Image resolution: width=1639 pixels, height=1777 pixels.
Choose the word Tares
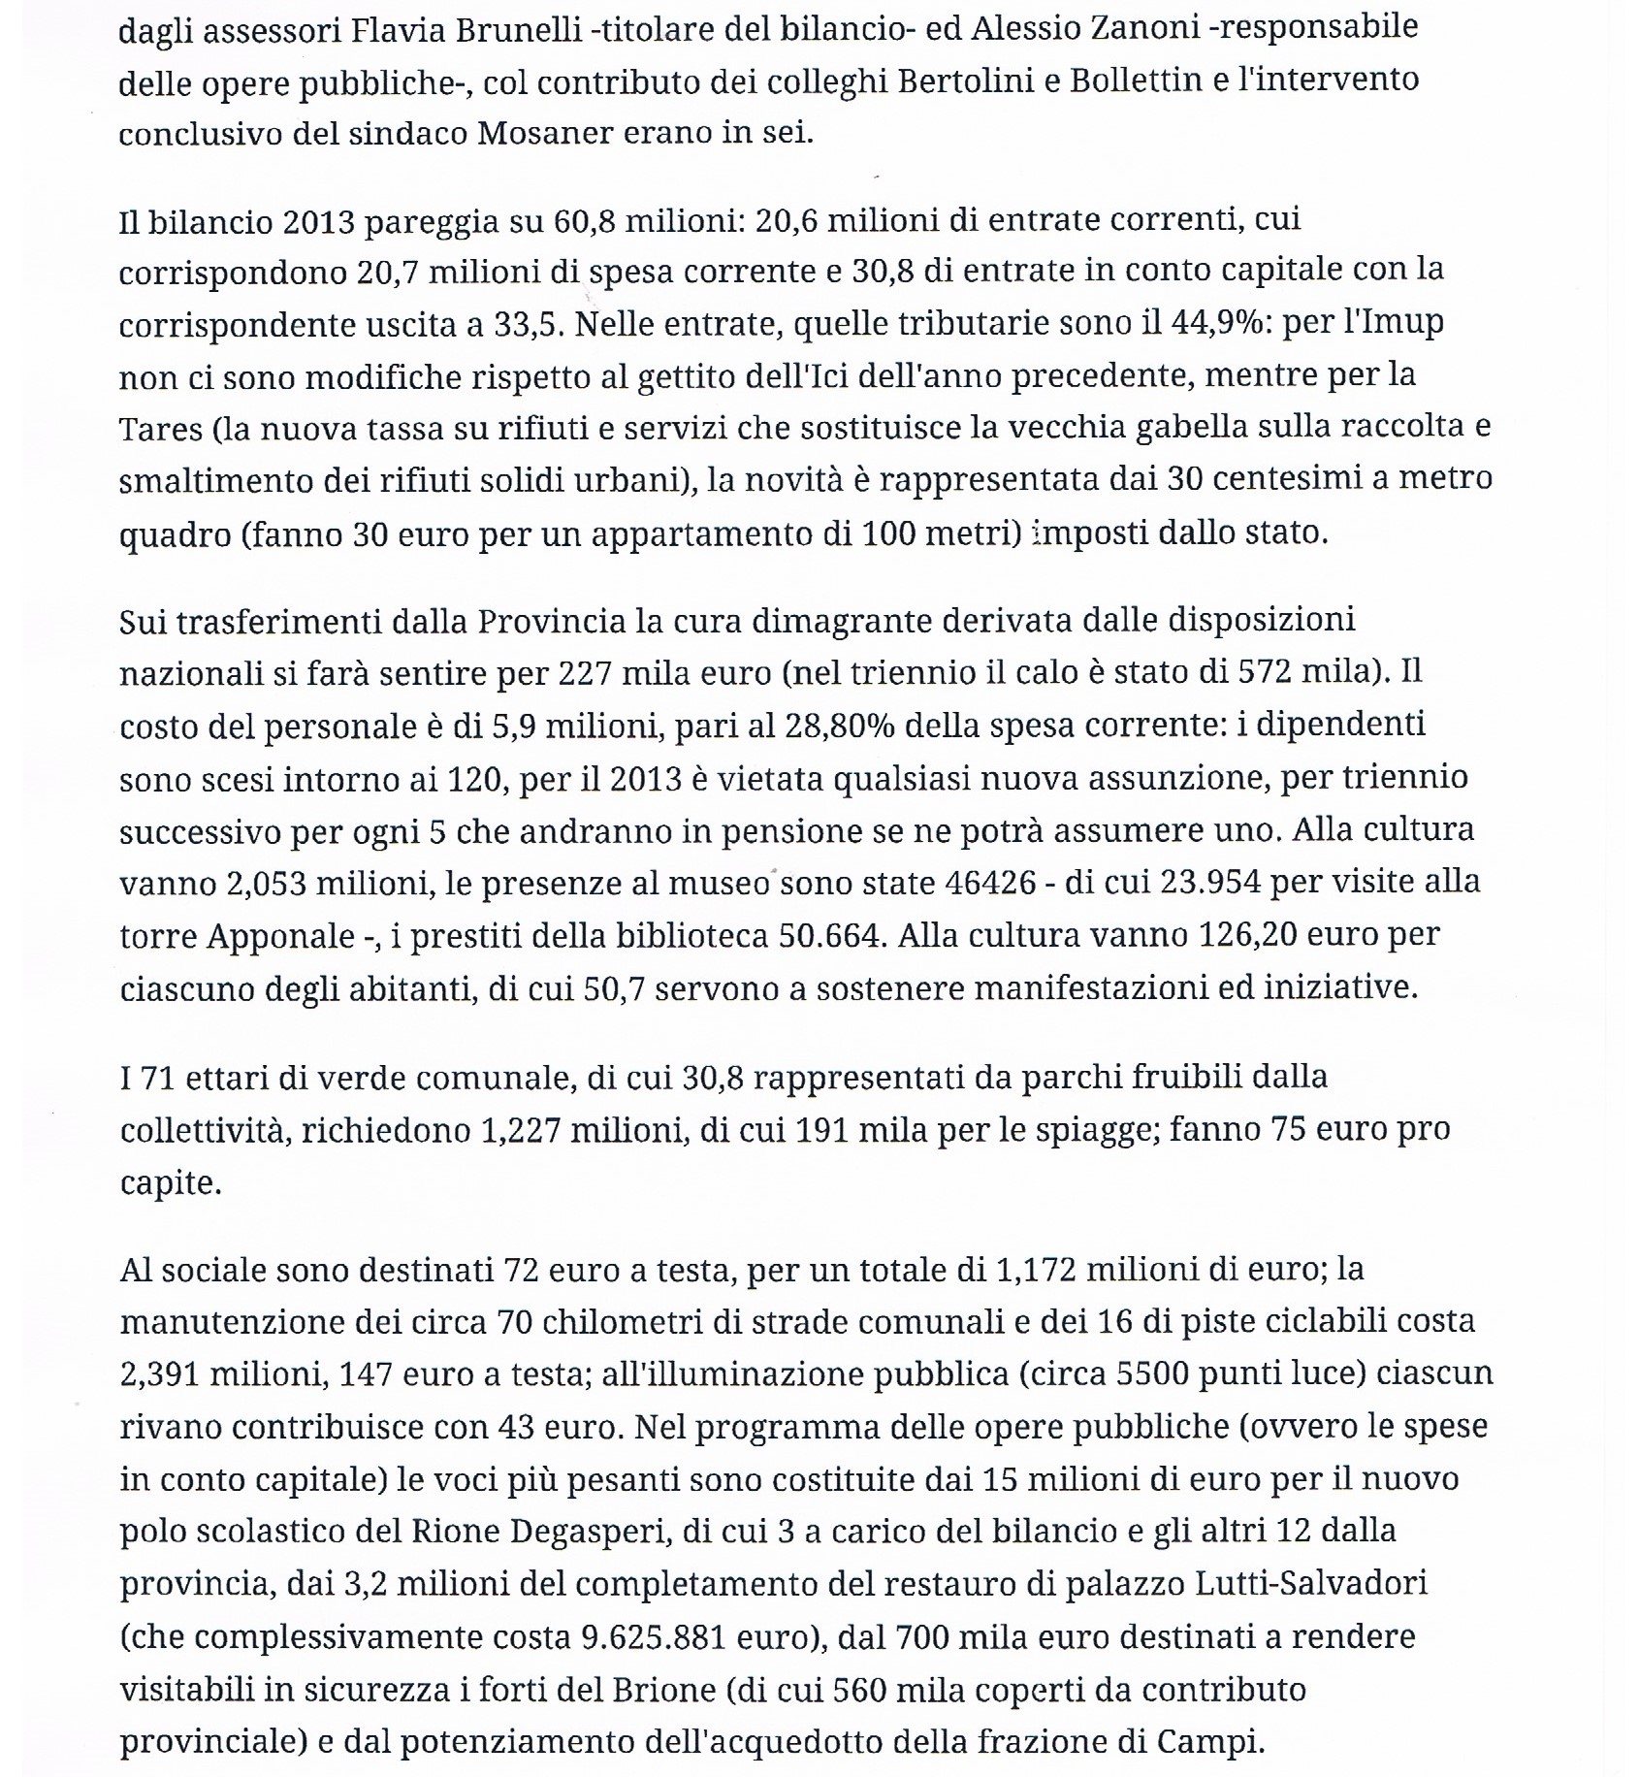coord(159,429)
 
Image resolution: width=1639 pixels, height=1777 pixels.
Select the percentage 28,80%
coord(839,725)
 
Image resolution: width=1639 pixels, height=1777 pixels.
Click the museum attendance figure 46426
coord(996,883)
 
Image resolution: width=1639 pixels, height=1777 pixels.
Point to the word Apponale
coord(280,936)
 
